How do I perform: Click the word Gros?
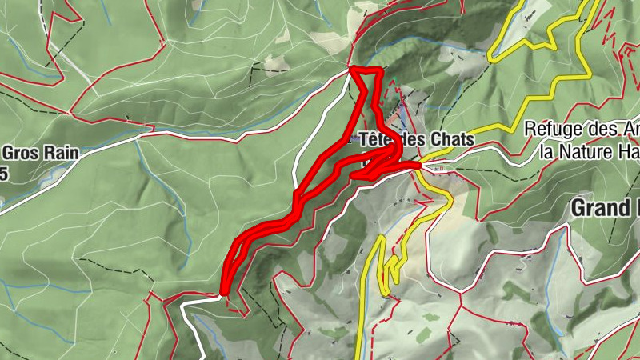click(22, 153)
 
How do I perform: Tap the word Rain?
click(61, 153)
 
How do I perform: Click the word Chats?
click(453, 138)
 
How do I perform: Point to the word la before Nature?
click(548, 150)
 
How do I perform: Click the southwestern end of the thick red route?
click(225, 293)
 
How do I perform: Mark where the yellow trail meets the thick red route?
click(418, 166)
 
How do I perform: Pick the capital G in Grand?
click(578, 208)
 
